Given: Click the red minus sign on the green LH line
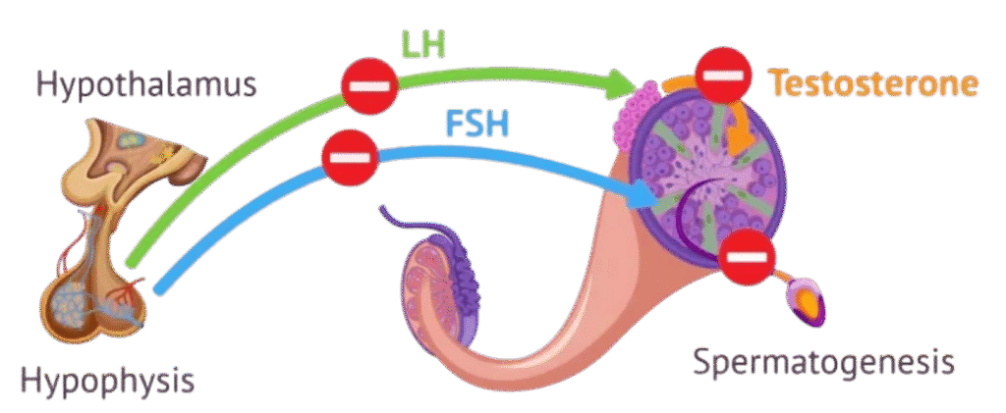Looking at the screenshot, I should (x=368, y=86).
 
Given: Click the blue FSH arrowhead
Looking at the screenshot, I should (x=643, y=195).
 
